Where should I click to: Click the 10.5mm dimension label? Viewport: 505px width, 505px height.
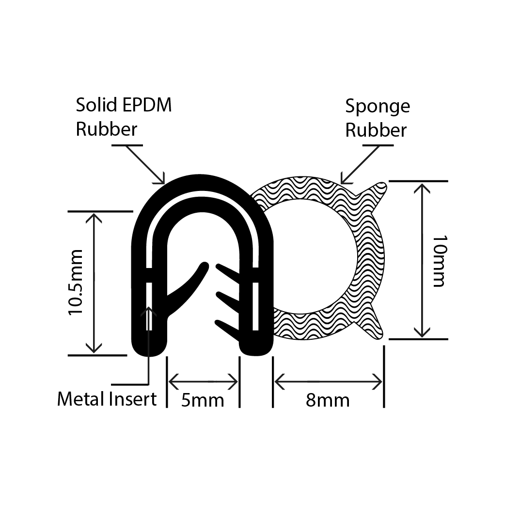(x=77, y=283)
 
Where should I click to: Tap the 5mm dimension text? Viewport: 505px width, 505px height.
(x=203, y=400)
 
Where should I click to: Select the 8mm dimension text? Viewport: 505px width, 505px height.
(x=328, y=400)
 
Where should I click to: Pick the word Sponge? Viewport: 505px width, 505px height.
(x=377, y=107)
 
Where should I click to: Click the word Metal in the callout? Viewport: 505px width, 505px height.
(x=80, y=399)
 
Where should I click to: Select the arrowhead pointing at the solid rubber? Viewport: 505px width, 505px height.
(x=162, y=180)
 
